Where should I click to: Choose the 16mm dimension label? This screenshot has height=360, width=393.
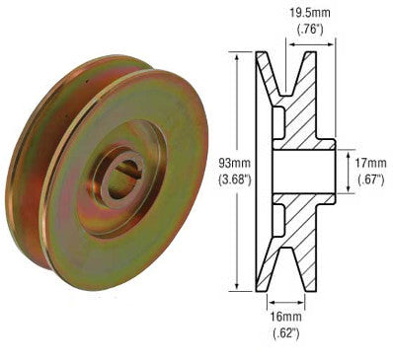[x=285, y=316]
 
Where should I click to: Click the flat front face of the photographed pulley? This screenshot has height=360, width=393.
[x=148, y=237]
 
